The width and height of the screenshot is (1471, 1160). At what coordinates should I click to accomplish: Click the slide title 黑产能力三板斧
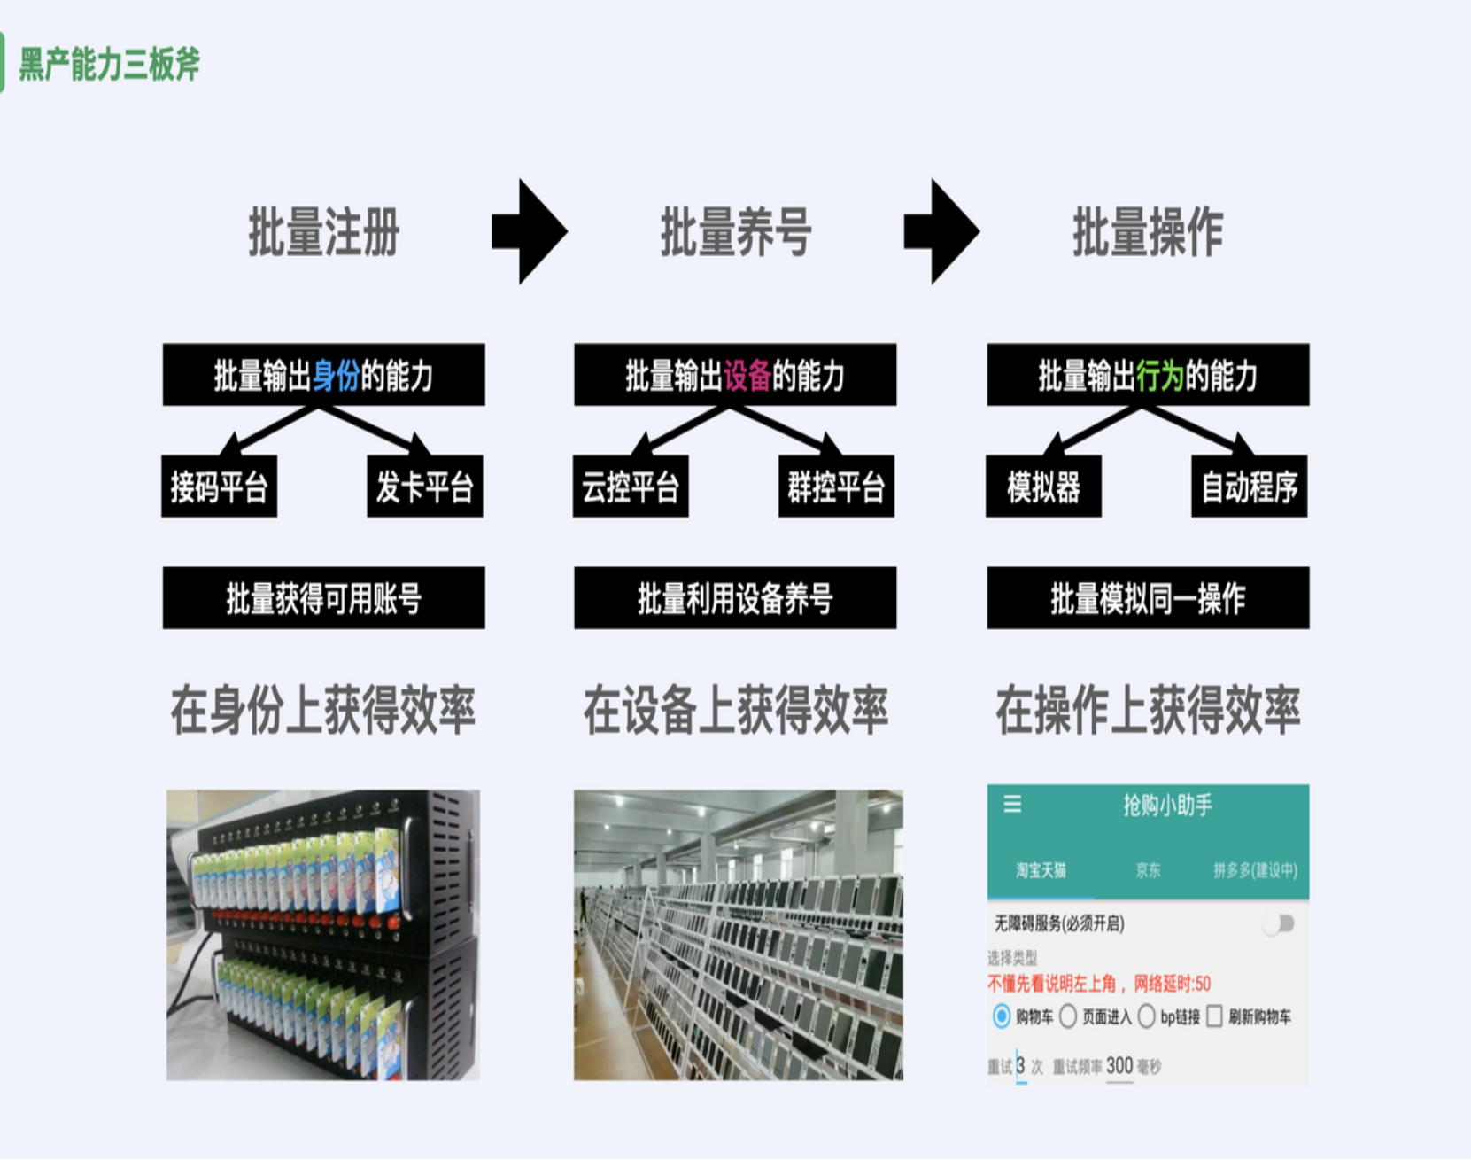coord(110,64)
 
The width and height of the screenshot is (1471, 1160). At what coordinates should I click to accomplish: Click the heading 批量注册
coord(324,232)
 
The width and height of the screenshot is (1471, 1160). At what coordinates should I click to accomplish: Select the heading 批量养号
coord(736,232)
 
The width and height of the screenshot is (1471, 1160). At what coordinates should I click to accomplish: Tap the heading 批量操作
coord(1148,232)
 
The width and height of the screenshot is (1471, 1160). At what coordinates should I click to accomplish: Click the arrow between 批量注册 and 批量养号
coord(530,231)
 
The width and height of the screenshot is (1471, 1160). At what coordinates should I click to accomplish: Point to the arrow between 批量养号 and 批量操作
coord(941,231)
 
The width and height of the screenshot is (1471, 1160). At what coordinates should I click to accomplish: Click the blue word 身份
coord(336,376)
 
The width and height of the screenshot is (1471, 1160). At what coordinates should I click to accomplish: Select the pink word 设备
coord(747,376)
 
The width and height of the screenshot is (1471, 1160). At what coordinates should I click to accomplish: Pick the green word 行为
coord(1160,376)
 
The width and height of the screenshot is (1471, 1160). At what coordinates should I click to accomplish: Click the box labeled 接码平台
coord(219,487)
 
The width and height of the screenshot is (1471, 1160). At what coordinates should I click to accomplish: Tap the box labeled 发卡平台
coord(425,487)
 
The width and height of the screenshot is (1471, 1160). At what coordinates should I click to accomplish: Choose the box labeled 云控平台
coord(631,487)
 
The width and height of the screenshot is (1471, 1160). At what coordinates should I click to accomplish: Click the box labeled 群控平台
coord(836,487)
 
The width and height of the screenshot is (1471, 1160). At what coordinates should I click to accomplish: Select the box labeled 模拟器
coord(1043,487)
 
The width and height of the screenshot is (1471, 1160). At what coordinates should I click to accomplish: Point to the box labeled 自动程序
coord(1249,487)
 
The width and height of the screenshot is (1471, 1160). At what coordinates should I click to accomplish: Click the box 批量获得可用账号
coord(324,598)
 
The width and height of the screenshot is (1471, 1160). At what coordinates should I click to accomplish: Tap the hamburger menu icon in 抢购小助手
coord(1012,804)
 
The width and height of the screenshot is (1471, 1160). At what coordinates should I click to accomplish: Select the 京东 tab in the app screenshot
coord(1148,870)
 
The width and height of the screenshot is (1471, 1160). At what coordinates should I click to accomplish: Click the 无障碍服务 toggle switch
coord(1279,924)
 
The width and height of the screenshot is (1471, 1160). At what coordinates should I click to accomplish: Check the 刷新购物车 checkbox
coord(1215,1016)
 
